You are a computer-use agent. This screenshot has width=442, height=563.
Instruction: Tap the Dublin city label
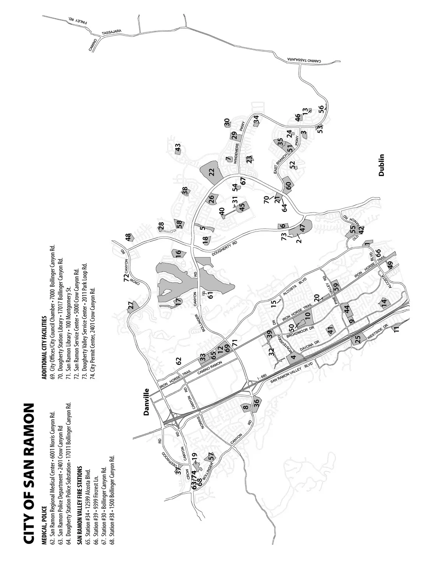[x=382, y=165]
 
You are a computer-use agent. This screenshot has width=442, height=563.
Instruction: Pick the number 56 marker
[x=321, y=108]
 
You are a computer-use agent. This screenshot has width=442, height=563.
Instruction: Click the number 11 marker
[x=397, y=329]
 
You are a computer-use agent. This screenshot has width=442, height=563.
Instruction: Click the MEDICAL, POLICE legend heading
[x=44, y=490]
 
